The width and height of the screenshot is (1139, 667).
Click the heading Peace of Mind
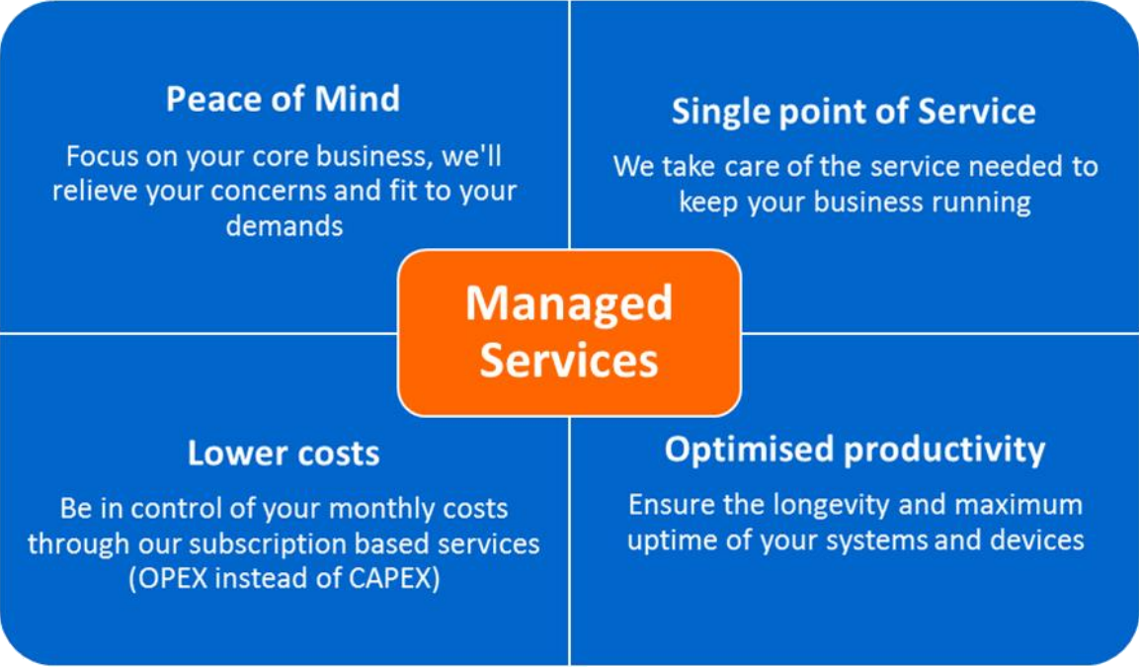[x=283, y=100]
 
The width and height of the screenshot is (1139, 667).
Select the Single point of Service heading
[x=854, y=111]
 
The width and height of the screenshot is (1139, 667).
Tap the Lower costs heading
[x=284, y=454]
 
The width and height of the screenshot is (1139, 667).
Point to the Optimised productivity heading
[x=854, y=450]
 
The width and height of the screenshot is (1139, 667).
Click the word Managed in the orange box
[x=568, y=302]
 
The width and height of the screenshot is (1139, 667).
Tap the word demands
[x=285, y=225]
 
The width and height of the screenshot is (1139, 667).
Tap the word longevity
[x=824, y=506]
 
